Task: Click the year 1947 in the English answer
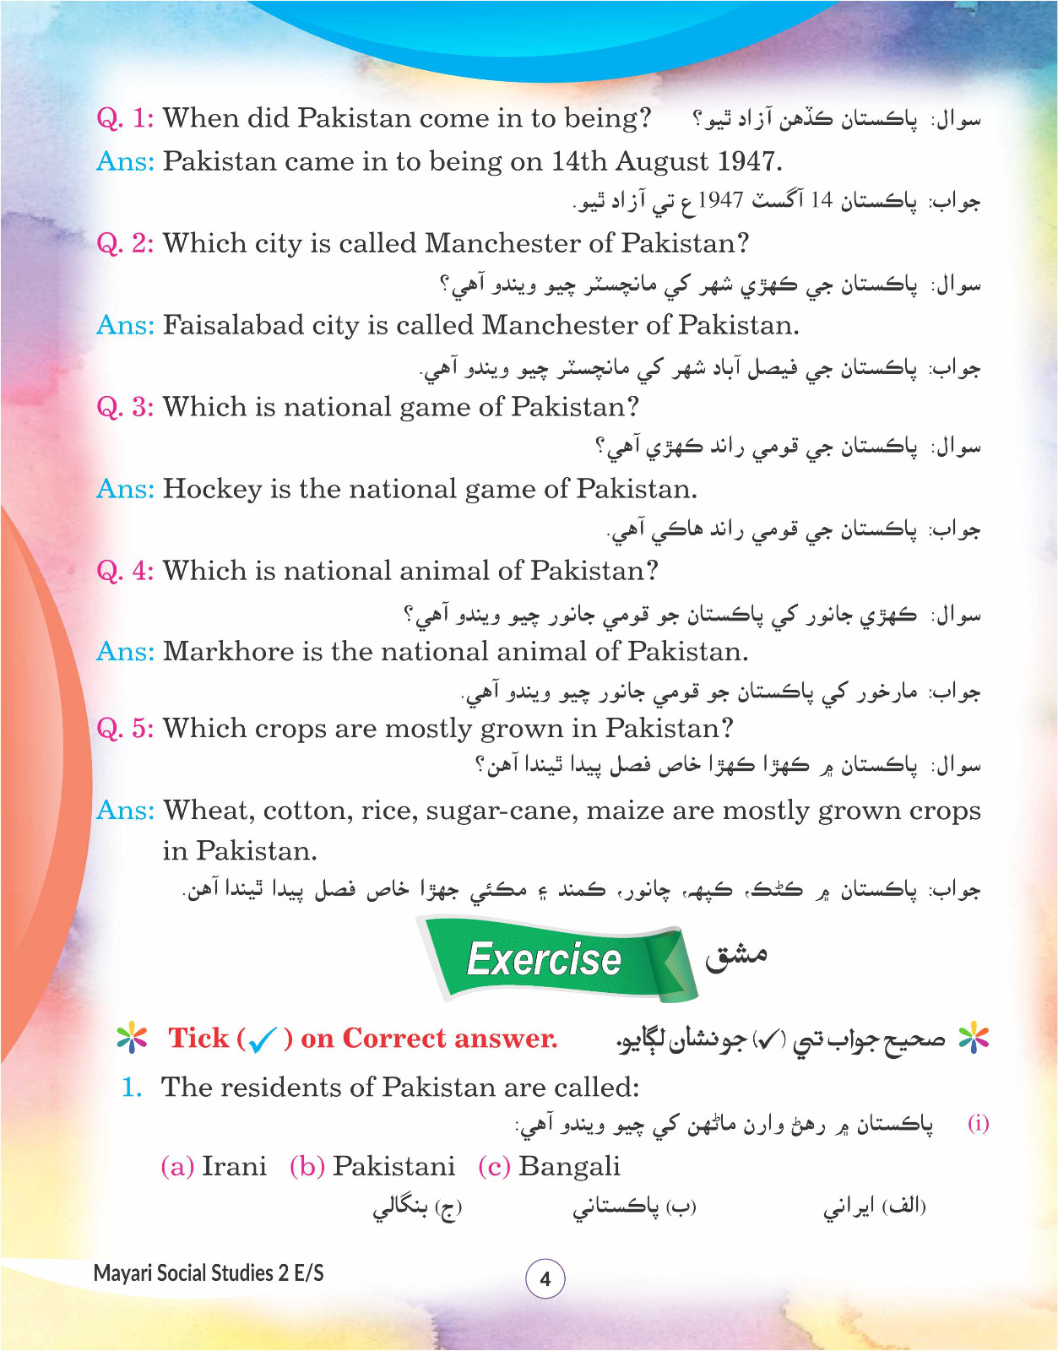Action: [x=747, y=160]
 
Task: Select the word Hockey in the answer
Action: [x=212, y=490]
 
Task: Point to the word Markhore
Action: [x=218, y=652]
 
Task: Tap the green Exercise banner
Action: [x=545, y=959]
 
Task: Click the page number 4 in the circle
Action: [x=545, y=1279]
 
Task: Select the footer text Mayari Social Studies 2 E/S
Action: [x=209, y=1273]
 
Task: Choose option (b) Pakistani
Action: [x=372, y=1166]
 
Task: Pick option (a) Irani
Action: [x=214, y=1166]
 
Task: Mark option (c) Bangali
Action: [x=549, y=1166]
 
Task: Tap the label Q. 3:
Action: [x=125, y=407]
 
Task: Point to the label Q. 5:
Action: [x=125, y=729]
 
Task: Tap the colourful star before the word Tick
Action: [x=133, y=1038]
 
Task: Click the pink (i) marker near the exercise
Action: [x=978, y=1124]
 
